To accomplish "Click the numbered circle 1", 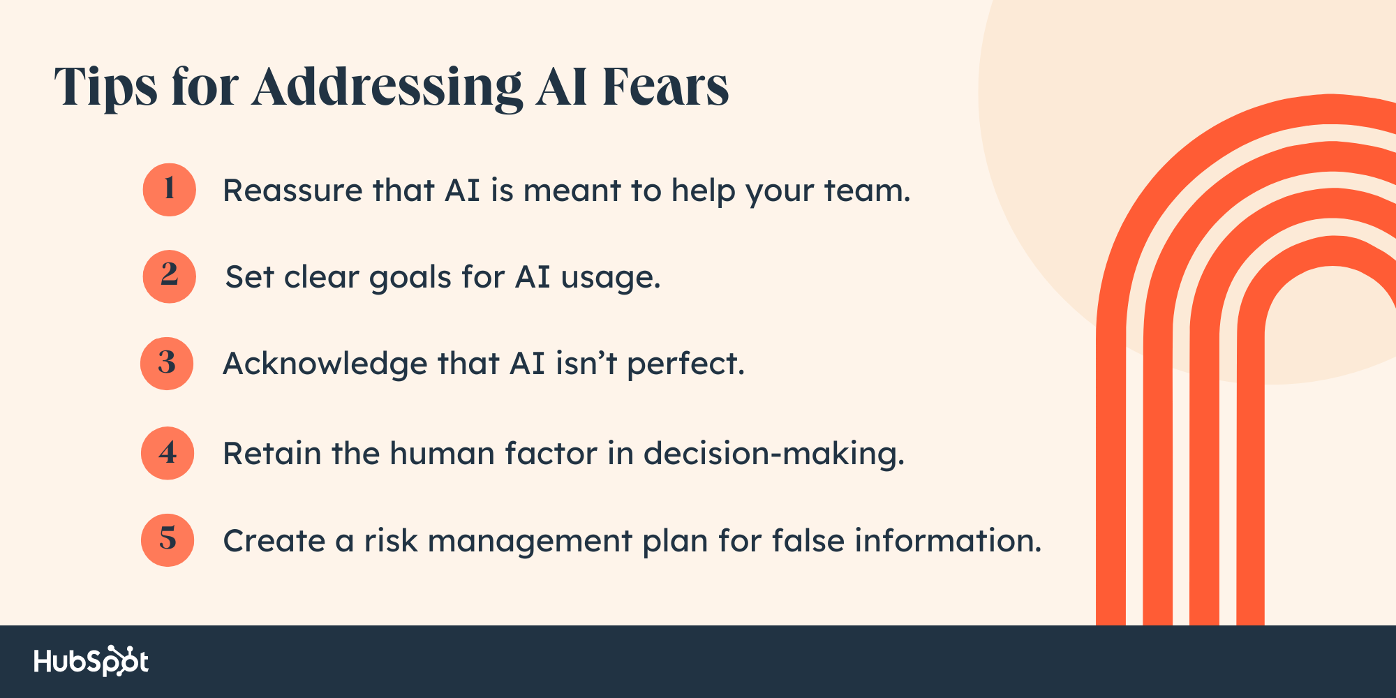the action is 170,190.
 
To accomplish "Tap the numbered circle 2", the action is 170,276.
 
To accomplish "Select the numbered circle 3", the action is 167,364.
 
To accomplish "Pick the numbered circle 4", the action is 168,453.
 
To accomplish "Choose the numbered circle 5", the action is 168,540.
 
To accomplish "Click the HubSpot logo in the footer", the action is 91,661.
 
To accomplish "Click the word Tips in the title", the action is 106,89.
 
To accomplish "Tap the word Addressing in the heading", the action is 387,89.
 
